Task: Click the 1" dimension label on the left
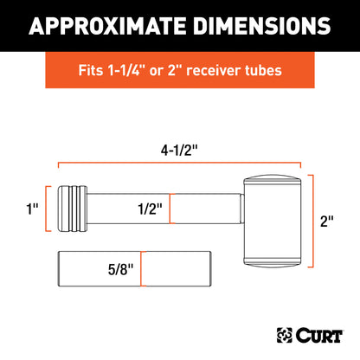33,208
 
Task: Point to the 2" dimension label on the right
326,220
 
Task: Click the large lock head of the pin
273,219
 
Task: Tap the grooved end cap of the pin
71,208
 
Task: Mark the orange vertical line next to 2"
312,220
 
